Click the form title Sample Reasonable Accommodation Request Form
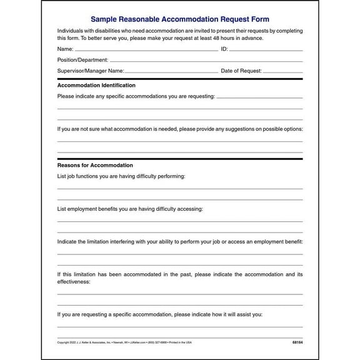[180, 19]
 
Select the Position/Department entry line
[207, 60]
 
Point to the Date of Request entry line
[281, 71]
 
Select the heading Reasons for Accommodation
[95, 165]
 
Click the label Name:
[65, 49]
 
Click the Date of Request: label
[240, 71]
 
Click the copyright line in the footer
[125, 342]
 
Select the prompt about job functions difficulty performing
[121, 176]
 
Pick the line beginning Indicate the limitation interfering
[180, 241]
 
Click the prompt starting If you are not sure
[180, 129]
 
